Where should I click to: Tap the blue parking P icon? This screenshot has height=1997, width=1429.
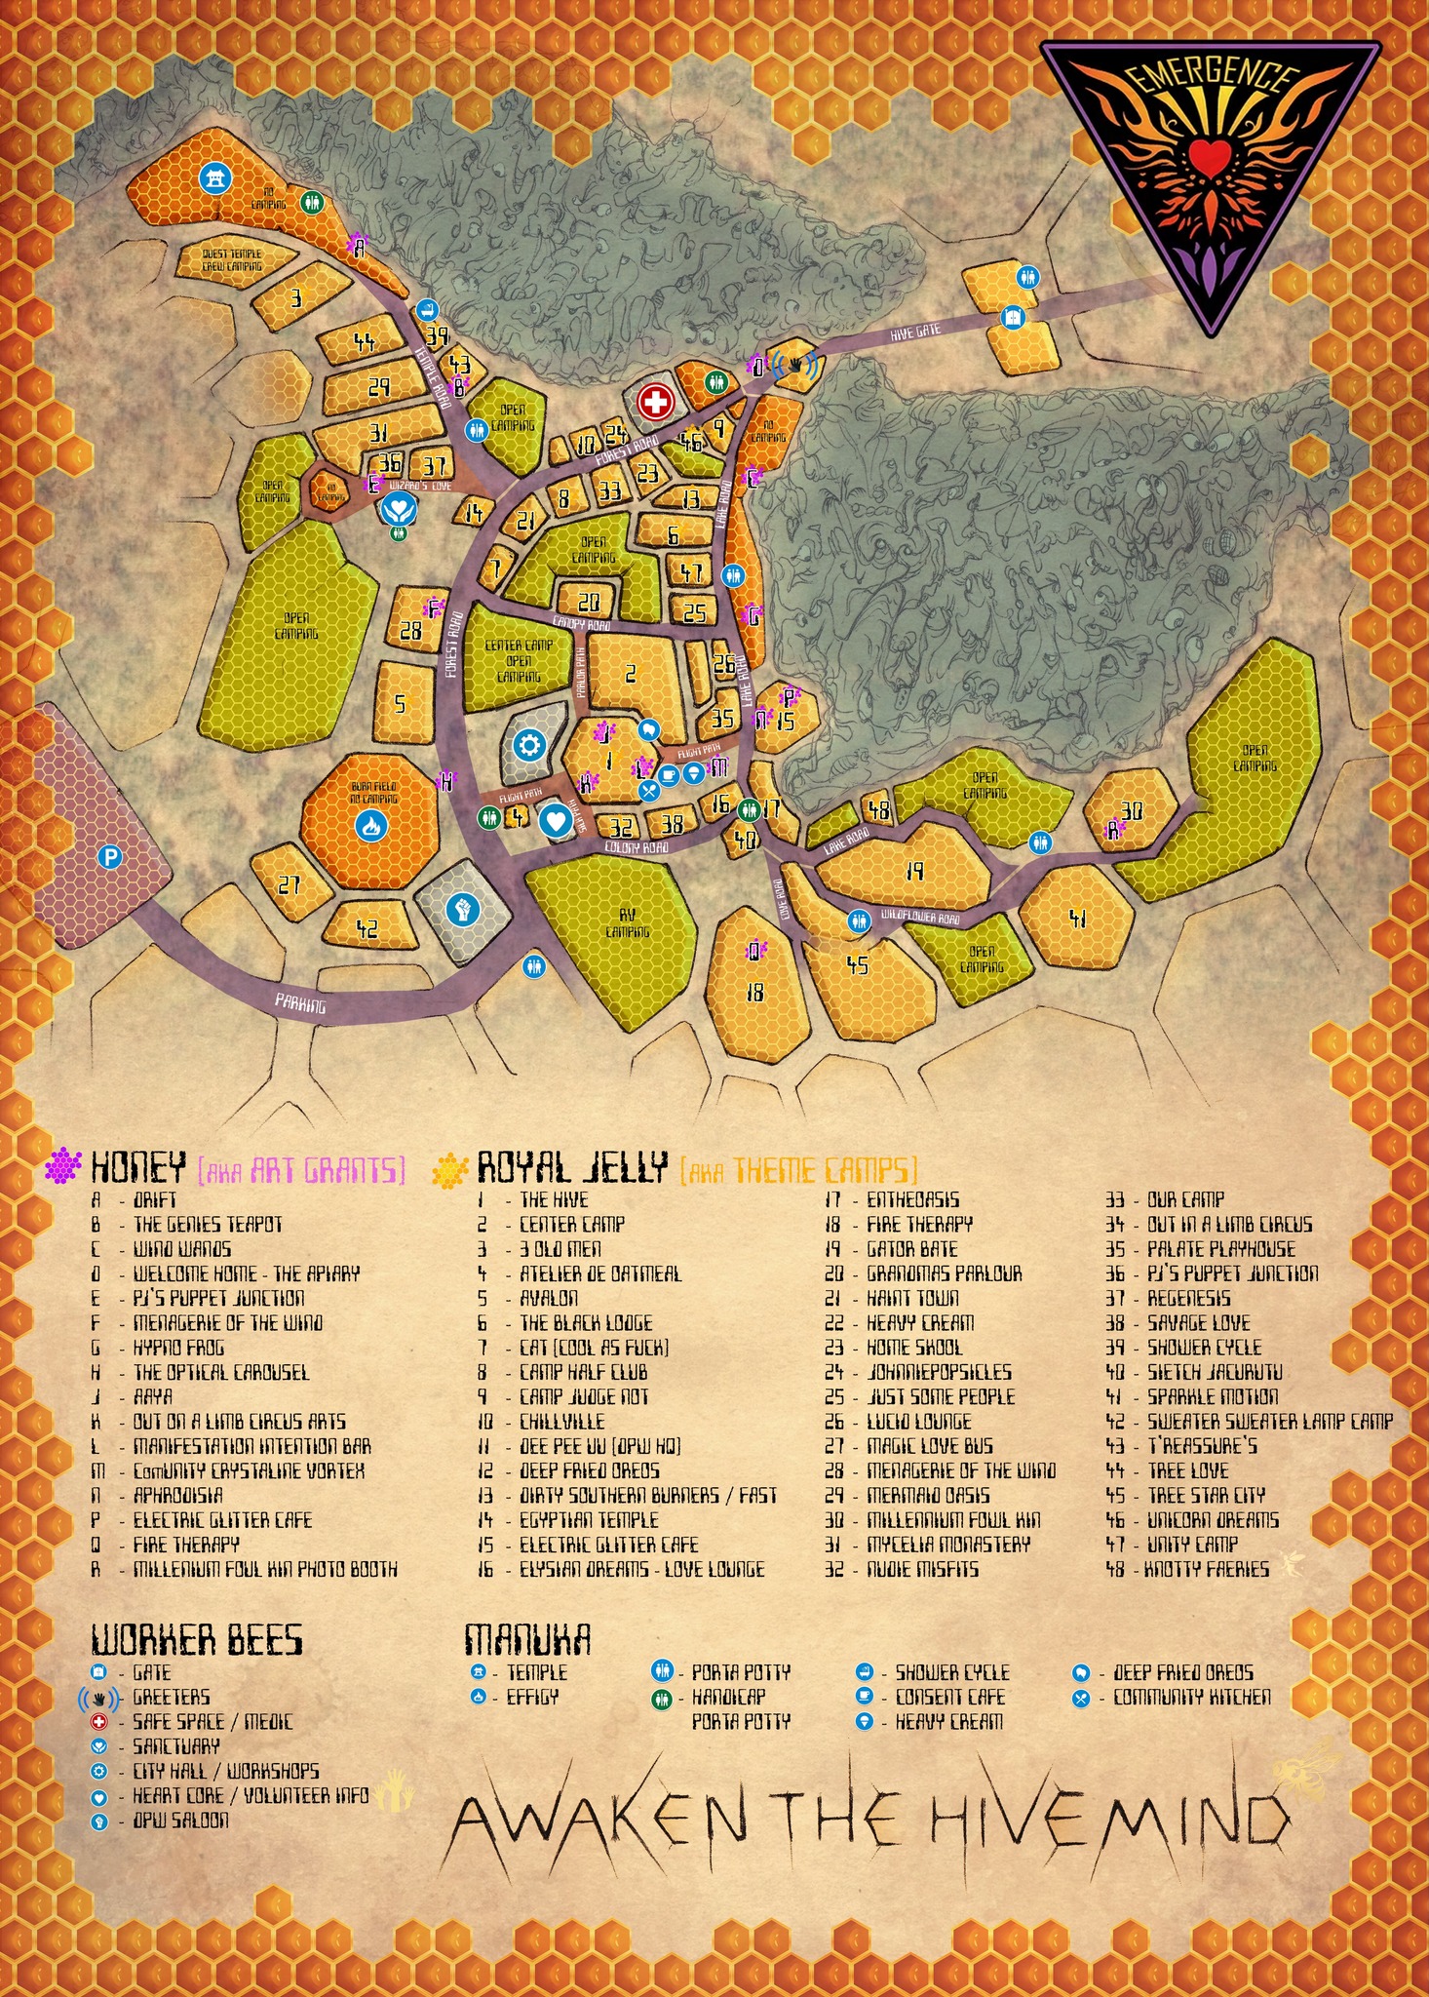pos(110,857)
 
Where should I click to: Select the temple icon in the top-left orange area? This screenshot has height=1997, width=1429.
pos(213,177)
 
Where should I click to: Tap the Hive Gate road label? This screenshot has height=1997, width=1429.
pos(915,332)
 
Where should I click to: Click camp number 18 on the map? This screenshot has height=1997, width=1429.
pos(754,992)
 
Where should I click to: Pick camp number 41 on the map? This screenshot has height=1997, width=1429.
pos(1077,918)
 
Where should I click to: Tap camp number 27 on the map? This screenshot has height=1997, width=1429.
pos(289,884)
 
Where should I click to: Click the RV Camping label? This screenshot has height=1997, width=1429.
pos(627,923)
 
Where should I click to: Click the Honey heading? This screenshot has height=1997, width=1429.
pos(137,1166)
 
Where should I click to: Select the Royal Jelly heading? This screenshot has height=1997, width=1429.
pos(572,1166)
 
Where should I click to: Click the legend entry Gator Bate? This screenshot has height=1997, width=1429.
pos(911,1249)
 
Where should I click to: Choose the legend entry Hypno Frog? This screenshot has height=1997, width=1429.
pos(178,1348)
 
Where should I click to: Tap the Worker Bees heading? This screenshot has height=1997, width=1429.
pos(197,1640)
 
